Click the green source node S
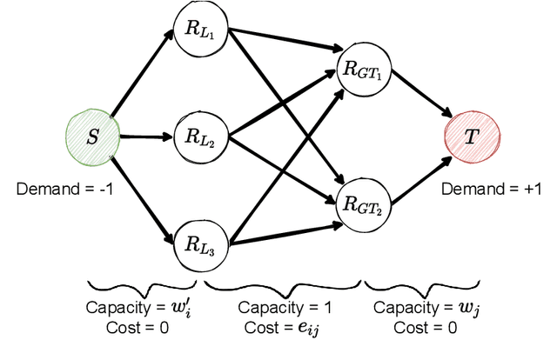(x=91, y=136)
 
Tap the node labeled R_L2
(x=198, y=136)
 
